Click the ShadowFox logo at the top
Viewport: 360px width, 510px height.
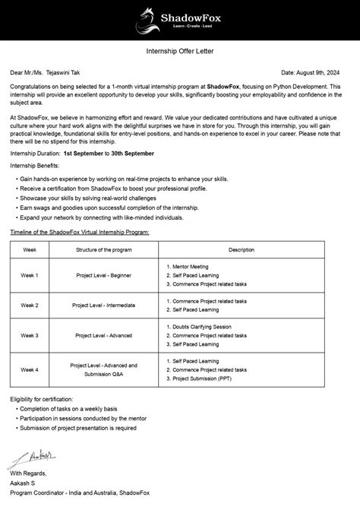pyautogui.click(x=180, y=17)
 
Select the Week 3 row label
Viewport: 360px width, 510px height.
pyautogui.click(x=30, y=334)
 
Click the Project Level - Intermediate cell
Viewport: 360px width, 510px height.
pyautogui.click(x=105, y=305)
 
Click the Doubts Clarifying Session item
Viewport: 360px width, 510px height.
pyautogui.click(x=202, y=326)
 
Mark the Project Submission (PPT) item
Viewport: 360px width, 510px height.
pyautogui.click(x=204, y=378)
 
